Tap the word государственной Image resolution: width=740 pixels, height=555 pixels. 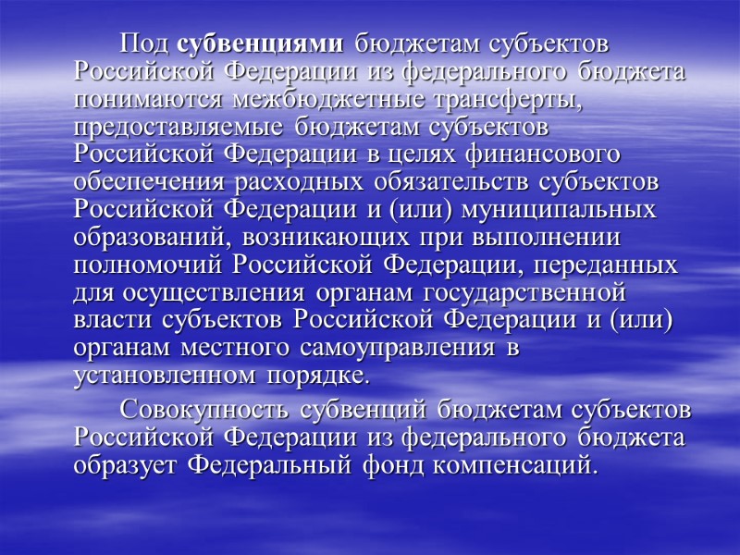pyautogui.click(x=528, y=295)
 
